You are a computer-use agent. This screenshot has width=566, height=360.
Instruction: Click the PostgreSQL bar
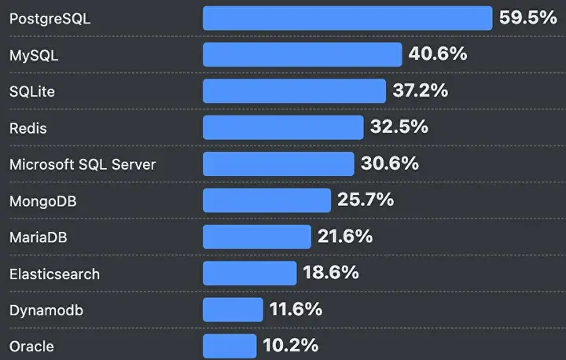pyautogui.click(x=347, y=18)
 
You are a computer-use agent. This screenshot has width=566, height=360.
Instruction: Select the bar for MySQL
pyautogui.click(x=303, y=54)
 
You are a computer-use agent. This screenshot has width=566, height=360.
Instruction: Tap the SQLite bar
pyautogui.click(x=295, y=91)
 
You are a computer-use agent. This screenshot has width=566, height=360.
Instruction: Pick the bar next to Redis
pyautogui.click(x=283, y=127)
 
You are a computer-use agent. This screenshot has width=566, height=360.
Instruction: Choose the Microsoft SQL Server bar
pyautogui.click(x=278, y=164)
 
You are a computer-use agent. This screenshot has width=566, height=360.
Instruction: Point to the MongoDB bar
pyautogui.click(x=266, y=200)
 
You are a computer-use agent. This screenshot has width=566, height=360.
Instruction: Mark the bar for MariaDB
pyautogui.click(x=257, y=237)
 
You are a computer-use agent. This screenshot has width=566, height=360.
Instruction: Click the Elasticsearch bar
pyautogui.click(x=250, y=274)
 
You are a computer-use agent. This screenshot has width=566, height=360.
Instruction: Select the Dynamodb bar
pyautogui.click(x=233, y=310)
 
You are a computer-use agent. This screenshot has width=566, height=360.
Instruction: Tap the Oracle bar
pyautogui.click(x=230, y=346)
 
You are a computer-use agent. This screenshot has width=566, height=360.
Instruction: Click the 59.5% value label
pyautogui.click(x=527, y=17)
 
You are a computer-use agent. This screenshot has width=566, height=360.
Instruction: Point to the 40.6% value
pyautogui.click(x=438, y=53)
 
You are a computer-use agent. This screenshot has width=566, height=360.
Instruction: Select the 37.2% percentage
pyautogui.click(x=421, y=90)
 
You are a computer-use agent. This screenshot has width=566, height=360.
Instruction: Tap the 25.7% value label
pyautogui.click(x=366, y=200)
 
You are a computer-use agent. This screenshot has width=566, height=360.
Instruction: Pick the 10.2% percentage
pyautogui.click(x=291, y=345)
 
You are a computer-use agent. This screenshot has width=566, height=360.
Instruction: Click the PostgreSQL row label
pyautogui.click(x=50, y=19)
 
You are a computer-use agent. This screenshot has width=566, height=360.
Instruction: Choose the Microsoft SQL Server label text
pyautogui.click(x=83, y=164)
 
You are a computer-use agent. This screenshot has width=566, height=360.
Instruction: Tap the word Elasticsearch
pyautogui.click(x=54, y=274)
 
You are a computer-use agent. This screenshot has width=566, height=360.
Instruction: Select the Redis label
pyautogui.click(x=28, y=128)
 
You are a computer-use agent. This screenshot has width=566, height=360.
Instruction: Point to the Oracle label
pyautogui.click(x=31, y=347)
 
